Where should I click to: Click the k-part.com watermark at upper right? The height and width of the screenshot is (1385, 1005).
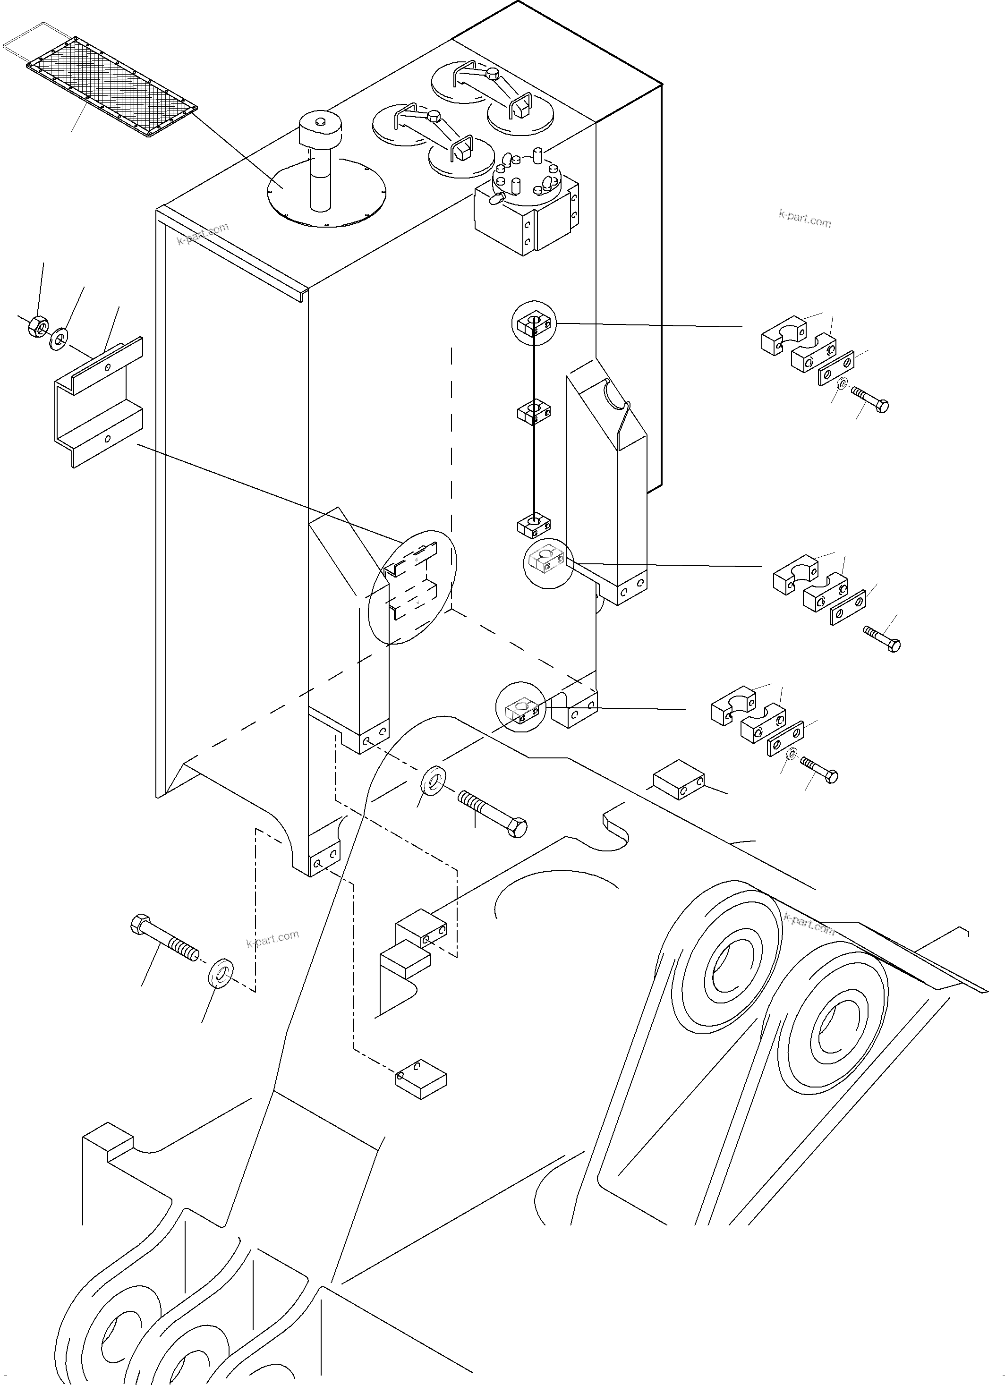click(x=804, y=219)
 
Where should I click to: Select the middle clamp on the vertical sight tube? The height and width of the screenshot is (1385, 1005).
click(x=534, y=412)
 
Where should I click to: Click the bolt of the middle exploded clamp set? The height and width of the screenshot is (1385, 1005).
click(x=882, y=638)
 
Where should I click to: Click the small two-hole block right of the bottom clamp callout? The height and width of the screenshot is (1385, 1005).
click(x=678, y=779)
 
